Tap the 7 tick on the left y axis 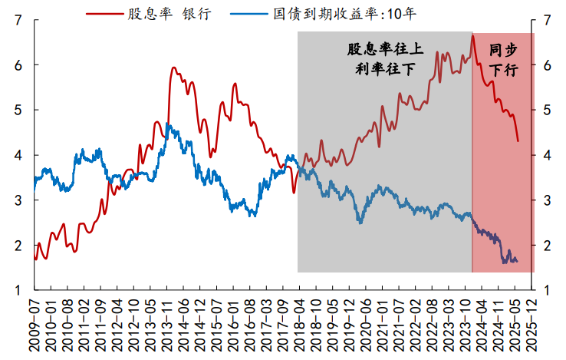(17, 21)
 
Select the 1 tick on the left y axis (17, 290)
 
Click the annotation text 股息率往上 (385, 50)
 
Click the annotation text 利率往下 (385, 70)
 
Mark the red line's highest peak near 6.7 (473, 35)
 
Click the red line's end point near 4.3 (518, 141)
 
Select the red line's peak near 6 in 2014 (173, 68)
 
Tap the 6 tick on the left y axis (17, 66)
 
